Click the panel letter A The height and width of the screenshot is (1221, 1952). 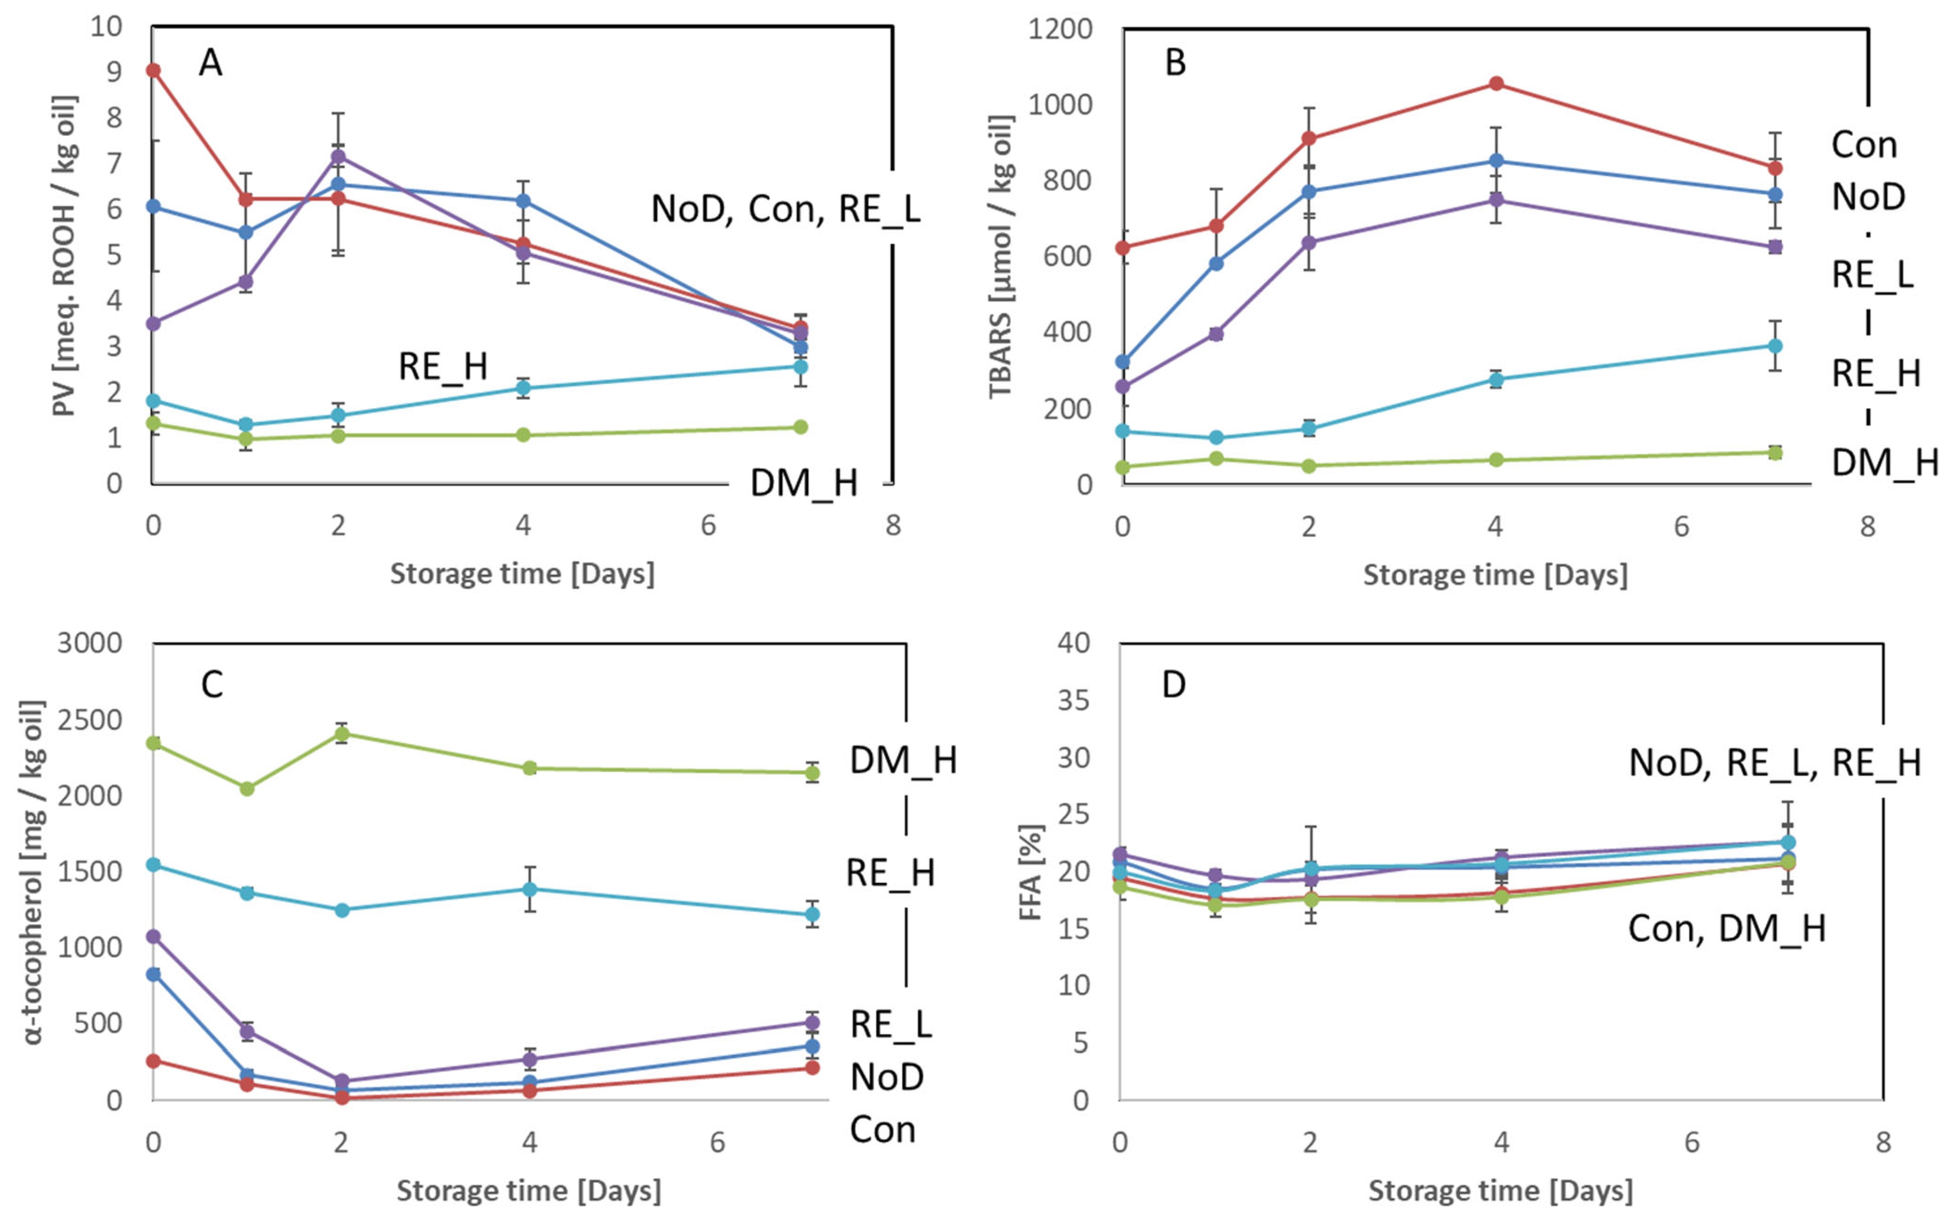click(x=210, y=63)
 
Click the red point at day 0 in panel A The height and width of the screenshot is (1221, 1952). click(x=153, y=70)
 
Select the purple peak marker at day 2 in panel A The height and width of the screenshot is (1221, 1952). click(x=339, y=156)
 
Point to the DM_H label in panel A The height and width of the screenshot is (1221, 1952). click(x=804, y=483)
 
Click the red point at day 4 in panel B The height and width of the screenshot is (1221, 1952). click(x=1496, y=83)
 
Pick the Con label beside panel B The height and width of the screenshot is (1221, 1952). click(x=1863, y=145)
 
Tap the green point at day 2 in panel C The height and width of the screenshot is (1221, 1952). click(x=342, y=733)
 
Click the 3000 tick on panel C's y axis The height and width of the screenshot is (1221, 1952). click(x=89, y=644)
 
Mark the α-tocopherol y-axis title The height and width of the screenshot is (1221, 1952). click(x=34, y=872)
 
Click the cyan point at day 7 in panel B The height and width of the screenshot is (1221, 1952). click(x=1775, y=345)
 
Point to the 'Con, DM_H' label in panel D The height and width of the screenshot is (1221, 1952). click(x=1727, y=928)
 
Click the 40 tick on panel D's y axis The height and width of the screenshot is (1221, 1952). click(x=1073, y=644)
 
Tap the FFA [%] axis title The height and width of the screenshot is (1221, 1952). click(x=1031, y=872)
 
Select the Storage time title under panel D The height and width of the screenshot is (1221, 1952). click(x=1500, y=1191)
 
